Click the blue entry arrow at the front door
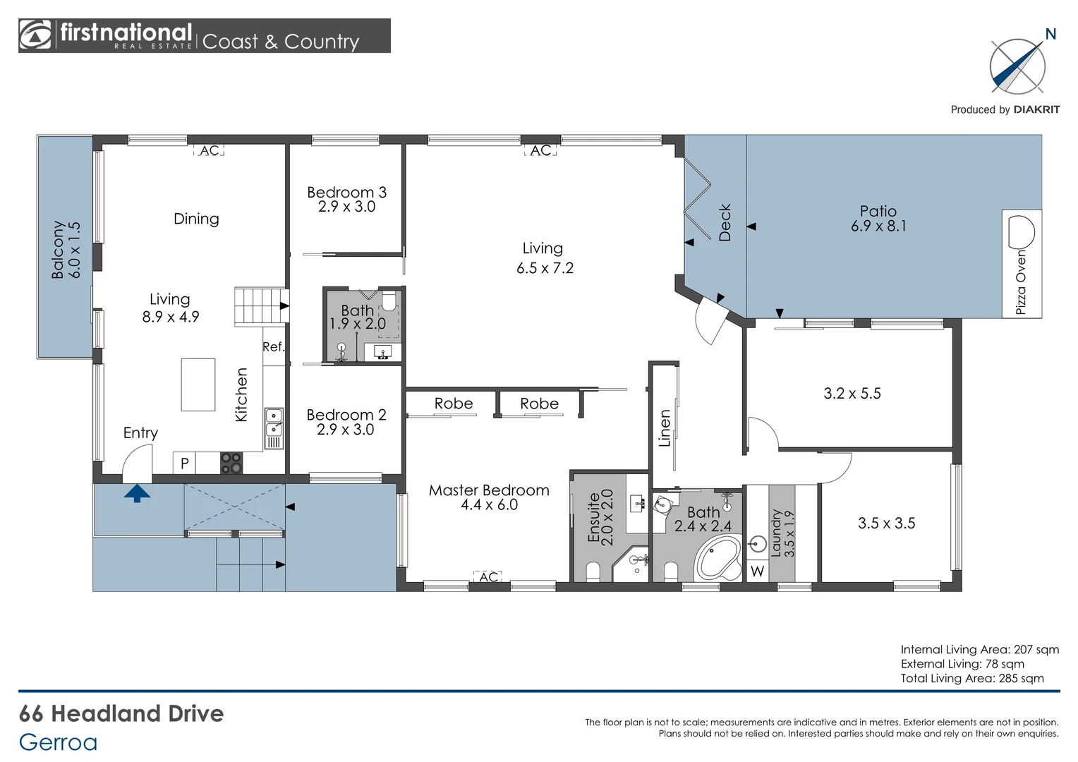137,492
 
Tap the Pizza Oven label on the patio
1021,282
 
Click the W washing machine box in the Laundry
757,571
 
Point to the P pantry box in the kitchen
184,464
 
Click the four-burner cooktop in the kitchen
231,463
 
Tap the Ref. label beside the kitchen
273,346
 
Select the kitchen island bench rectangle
198,385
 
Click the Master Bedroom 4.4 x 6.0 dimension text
489,505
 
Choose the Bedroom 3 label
346,192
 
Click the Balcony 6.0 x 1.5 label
66,250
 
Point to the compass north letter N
1050,34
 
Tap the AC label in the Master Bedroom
488,577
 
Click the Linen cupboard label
664,428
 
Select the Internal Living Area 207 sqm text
979,650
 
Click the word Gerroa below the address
58,742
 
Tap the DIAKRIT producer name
1036,109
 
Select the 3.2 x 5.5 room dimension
852,394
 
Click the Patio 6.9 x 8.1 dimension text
878,226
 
